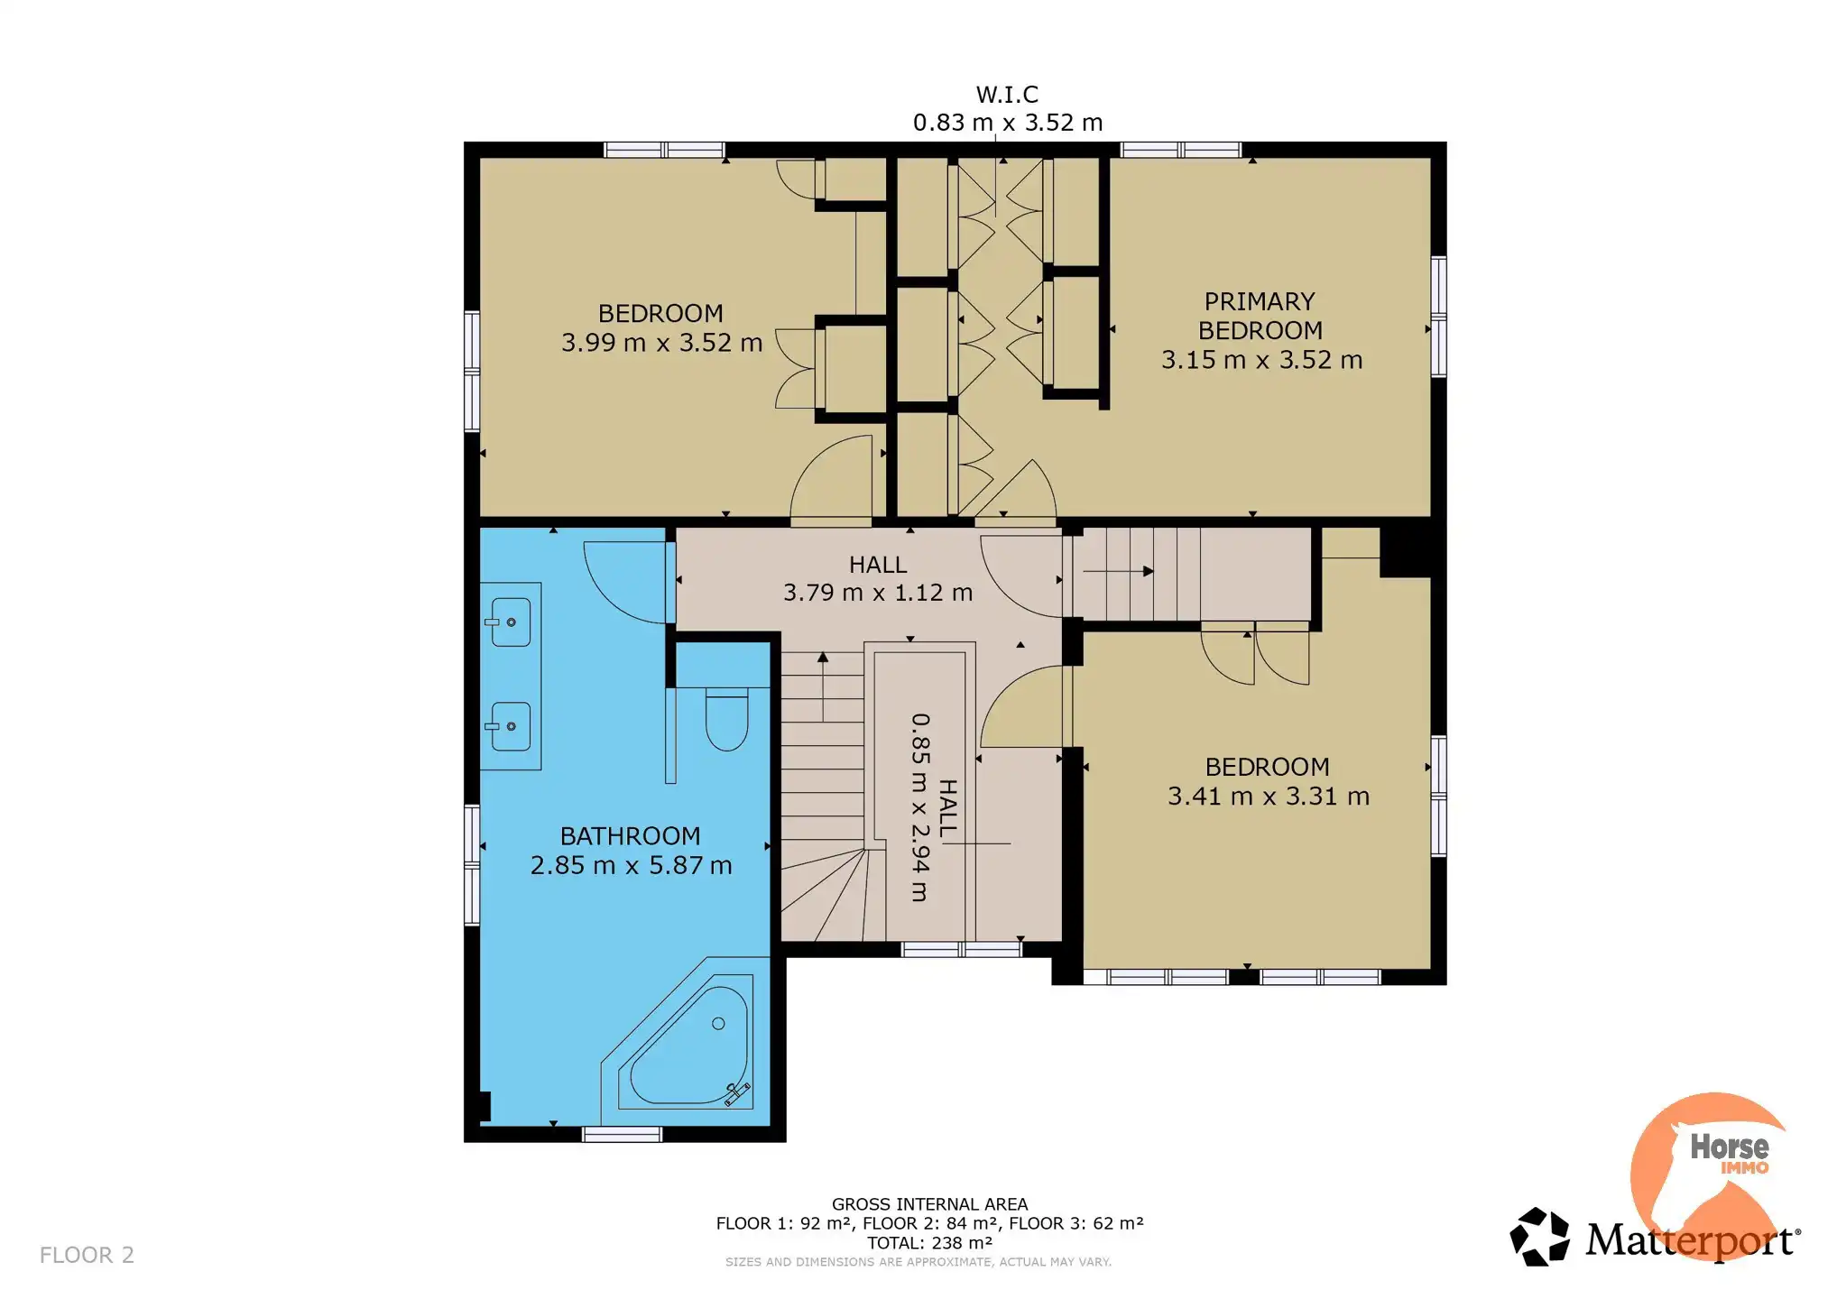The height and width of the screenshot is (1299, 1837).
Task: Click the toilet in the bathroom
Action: (x=726, y=719)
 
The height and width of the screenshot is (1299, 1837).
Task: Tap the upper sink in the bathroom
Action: (x=509, y=622)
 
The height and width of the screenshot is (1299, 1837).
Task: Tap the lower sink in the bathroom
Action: (x=509, y=726)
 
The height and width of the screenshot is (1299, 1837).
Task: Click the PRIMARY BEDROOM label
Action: (x=1260, y=316)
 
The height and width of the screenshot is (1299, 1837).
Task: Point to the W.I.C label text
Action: (x=1007, y=95)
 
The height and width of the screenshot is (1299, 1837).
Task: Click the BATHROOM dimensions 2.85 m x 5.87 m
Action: (x=631, y=866)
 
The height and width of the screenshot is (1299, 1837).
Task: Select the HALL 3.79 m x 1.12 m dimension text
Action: (x=878, y=593)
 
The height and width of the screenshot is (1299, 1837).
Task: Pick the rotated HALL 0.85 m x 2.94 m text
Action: (x=933, y=808)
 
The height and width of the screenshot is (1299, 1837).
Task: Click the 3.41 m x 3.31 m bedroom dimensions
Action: (x=1269, y=797)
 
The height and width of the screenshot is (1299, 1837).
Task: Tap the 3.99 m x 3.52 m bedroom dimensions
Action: (x=661, y=343)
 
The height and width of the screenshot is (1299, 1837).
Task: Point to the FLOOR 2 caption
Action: (x=87, y=1255)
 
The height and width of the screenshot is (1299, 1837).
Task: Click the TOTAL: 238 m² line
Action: (x=929, y=1242)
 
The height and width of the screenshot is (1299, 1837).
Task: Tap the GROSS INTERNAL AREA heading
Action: (x=929, y=1204)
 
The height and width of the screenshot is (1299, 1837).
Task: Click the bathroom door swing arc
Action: (x=606, y=600)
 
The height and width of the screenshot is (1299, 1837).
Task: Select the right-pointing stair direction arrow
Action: (x=1119, y=571)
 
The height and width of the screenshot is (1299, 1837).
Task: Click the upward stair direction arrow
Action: (x=823, y=686)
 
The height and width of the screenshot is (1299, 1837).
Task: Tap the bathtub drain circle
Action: (x=718, y=1023)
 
